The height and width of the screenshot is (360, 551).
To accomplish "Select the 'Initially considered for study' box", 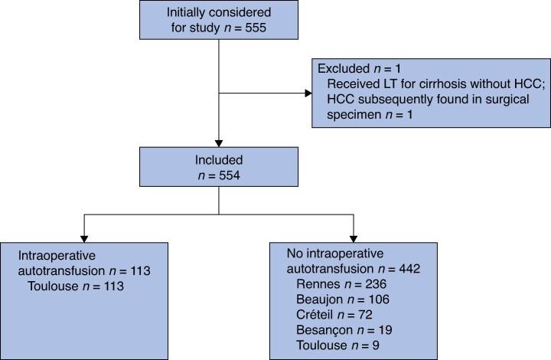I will (219, 21).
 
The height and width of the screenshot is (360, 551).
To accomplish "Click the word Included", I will (219, 162).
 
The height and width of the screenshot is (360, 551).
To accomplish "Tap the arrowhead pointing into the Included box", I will (219, 143).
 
